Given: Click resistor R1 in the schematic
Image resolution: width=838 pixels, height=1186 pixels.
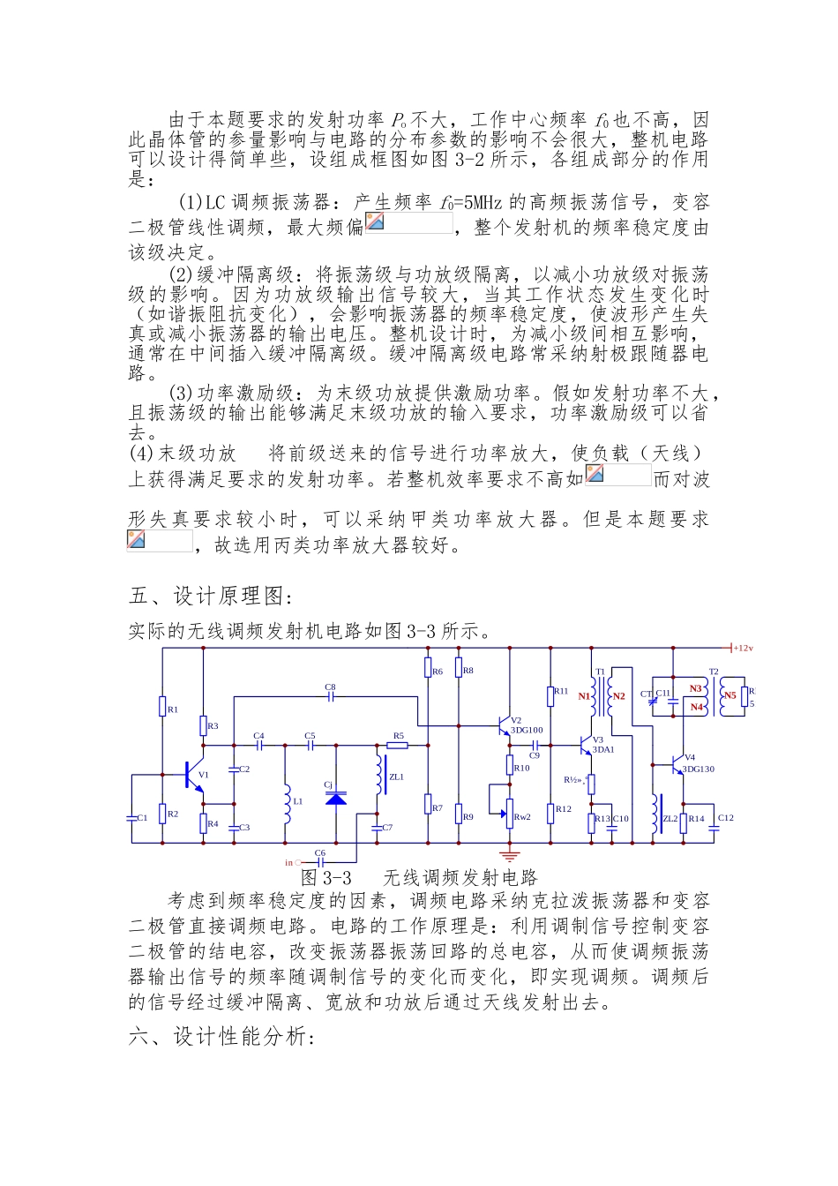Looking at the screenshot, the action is tap(163, 707).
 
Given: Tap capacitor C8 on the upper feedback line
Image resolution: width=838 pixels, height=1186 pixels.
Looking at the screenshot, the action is tap(330, 696).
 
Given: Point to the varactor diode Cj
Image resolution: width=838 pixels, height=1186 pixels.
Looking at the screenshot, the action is tap(336, 798).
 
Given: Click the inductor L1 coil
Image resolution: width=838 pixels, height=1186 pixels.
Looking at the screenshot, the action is tap(287, 800).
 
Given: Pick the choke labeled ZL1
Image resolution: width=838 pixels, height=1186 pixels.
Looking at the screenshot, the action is tap(381, 776).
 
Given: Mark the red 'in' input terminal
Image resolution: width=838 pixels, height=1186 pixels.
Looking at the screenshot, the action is tap(288, 862).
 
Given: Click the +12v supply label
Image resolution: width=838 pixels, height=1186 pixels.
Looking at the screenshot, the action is tap(743, 648).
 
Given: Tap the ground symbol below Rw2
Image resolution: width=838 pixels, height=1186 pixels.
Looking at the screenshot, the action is tap(509, 854).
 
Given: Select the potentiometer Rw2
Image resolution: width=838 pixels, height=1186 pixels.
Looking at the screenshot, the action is tap(509, 809).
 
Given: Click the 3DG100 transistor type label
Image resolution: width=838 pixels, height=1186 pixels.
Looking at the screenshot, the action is tap(527, 730).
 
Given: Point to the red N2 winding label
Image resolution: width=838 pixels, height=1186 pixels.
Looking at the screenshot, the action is tap(618, 696).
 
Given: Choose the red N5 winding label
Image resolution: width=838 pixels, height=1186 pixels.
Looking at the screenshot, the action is tap(730, 695).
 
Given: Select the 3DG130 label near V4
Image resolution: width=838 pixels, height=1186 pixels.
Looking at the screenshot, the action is tap(698, 769).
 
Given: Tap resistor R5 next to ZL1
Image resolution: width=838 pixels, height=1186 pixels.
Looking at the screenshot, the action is tap(397, 745).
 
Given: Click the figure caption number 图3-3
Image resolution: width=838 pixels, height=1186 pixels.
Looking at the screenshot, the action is tap(326, 877).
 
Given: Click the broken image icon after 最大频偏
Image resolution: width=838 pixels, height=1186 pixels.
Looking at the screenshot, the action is tap(375, 221).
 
